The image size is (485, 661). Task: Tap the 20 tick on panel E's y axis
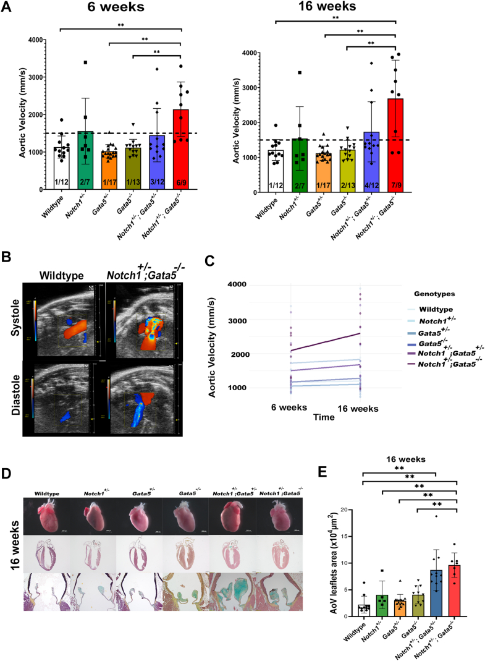point(353,510)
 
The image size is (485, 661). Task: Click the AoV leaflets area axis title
point(336,563)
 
